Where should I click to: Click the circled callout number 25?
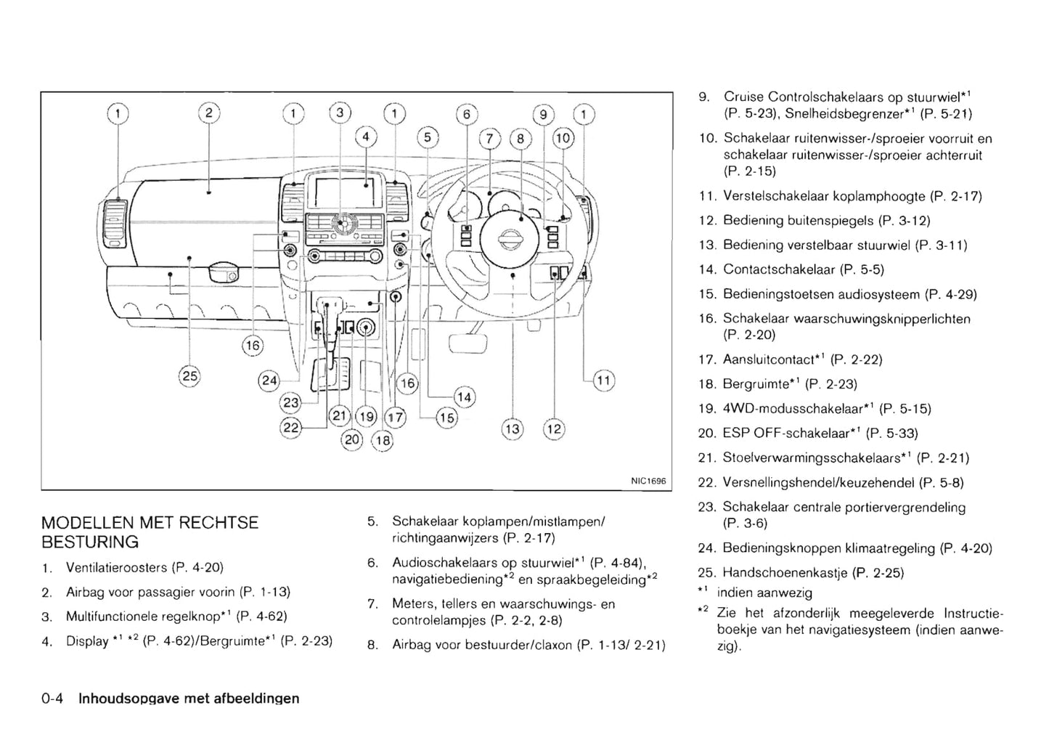[x=189, y=375]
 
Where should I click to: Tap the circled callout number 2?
[x=208, y=113]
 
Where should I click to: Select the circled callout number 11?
[x=603, y=380]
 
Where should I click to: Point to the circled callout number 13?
[x=512, y=428]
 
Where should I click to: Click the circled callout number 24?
[x=269, y=380]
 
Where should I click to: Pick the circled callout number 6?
[x=467, y=114]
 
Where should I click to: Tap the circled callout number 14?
[x=464, y=397]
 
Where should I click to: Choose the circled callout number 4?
[x=365, y=136]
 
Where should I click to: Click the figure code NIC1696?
[x=648, y=481]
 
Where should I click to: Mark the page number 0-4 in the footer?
[x=53, y=699]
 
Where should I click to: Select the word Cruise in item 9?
[x=743, y=97]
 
